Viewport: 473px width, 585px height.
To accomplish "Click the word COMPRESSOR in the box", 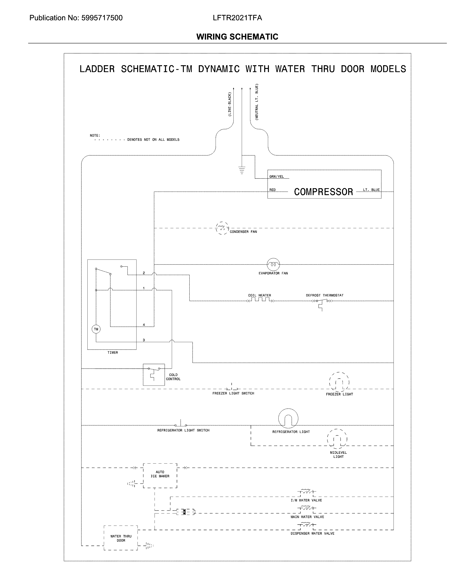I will pyautogui.click(x=323, y=192).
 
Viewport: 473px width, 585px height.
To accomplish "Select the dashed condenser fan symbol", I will pyautogui.click(x=222, y=228).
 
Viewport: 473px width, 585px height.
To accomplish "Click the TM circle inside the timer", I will pyautogui.click(x=96, y=329).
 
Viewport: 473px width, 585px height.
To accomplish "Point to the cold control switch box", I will pyautogui.click(x=154, y=374).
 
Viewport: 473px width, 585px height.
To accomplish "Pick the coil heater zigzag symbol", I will pyautogui.click(x=260, y=300).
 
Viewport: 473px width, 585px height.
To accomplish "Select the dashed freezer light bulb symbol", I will pyautogui.click(x=339, y=382).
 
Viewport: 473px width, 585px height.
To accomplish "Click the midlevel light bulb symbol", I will pyautogui.click(x=337, y=439).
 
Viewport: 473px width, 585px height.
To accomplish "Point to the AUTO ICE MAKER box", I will pyautogui.click(x=160, y=475).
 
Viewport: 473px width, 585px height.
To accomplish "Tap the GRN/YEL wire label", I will pyautogui.click(x=276, y=177).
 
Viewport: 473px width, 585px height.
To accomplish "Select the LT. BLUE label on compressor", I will pyautogui.click(x=371, y=190).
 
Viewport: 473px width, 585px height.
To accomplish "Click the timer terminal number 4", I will pyautogui.click(x=144, y=325).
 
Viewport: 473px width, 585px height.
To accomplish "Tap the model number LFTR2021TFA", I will pyautogui.click(x=237, y=18).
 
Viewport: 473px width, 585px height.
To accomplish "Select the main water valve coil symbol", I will pyautogui.click(x=307, y=508).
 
